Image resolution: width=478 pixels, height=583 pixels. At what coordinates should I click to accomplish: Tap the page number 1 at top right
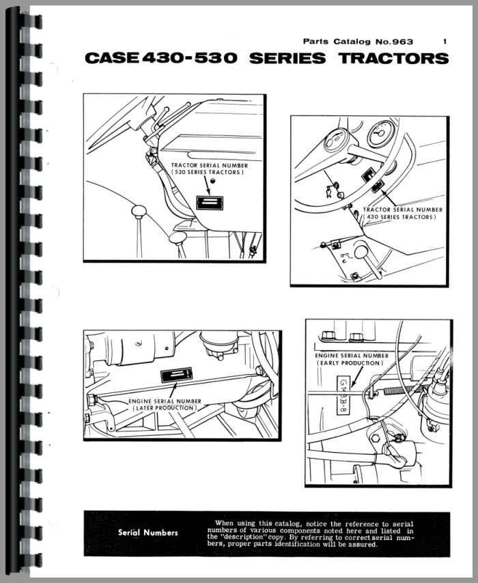tap(445, 42)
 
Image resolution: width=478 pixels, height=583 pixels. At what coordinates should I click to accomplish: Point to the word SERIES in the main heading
tap(287, 58)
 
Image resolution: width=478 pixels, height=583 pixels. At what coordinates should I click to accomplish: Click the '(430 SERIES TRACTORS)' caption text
tap(399, 216)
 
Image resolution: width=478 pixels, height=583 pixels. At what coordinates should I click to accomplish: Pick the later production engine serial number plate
tap(177, 375)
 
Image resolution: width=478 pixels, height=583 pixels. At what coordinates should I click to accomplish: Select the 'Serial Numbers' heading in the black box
tap(148, 532)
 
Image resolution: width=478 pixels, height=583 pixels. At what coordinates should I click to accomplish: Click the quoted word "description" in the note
tap(249, 537)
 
